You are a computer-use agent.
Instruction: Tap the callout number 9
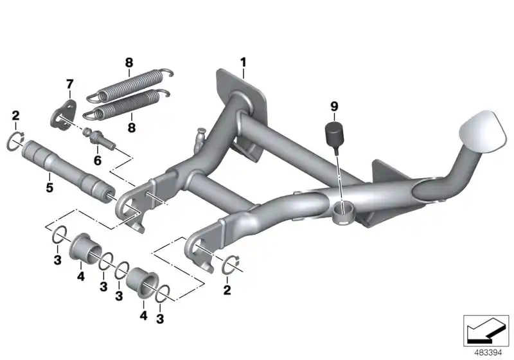coord(333,105)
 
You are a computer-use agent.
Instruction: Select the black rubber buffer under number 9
coord(333,134)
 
